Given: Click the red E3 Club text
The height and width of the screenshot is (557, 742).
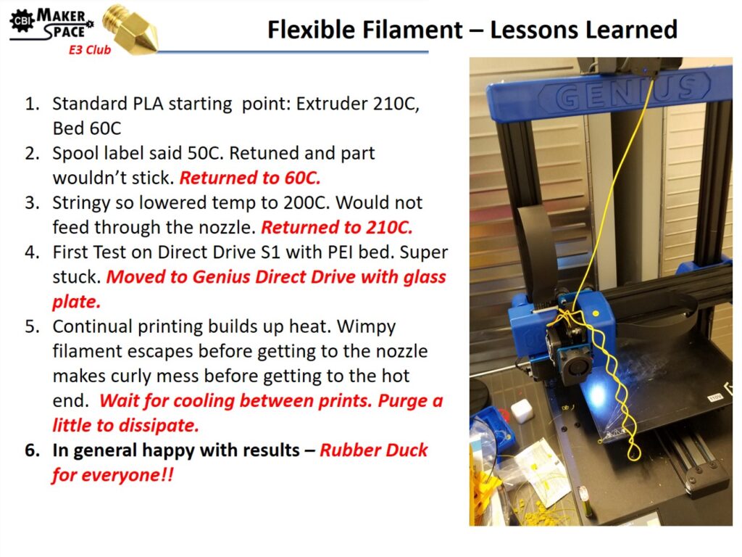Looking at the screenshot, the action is click(x=89, y=50).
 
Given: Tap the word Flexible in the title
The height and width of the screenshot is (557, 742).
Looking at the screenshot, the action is click(x=312, y=29).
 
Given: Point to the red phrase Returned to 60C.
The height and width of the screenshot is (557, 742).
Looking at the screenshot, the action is click(x=250, y=178).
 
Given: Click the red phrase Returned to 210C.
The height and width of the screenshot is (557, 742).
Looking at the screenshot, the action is click(x=337, y=227).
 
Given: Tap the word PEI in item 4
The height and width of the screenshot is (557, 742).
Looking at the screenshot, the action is click(x=341, y=252).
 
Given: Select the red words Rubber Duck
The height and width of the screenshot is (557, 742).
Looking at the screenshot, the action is click(x=374, y=450).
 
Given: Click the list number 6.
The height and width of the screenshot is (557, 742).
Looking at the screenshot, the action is click(x=33, y=450).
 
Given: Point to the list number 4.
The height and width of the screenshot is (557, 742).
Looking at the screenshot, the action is click(x=33, y=252).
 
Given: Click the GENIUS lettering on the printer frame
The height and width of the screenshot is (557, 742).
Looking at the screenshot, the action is click(x=625, y=93).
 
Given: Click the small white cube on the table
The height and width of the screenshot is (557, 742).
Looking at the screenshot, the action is click(x=523, y=410).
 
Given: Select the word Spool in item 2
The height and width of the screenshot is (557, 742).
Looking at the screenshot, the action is click(x=75, y=154).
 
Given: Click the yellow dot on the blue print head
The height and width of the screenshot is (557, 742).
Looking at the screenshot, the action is click(x=596, y=313).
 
